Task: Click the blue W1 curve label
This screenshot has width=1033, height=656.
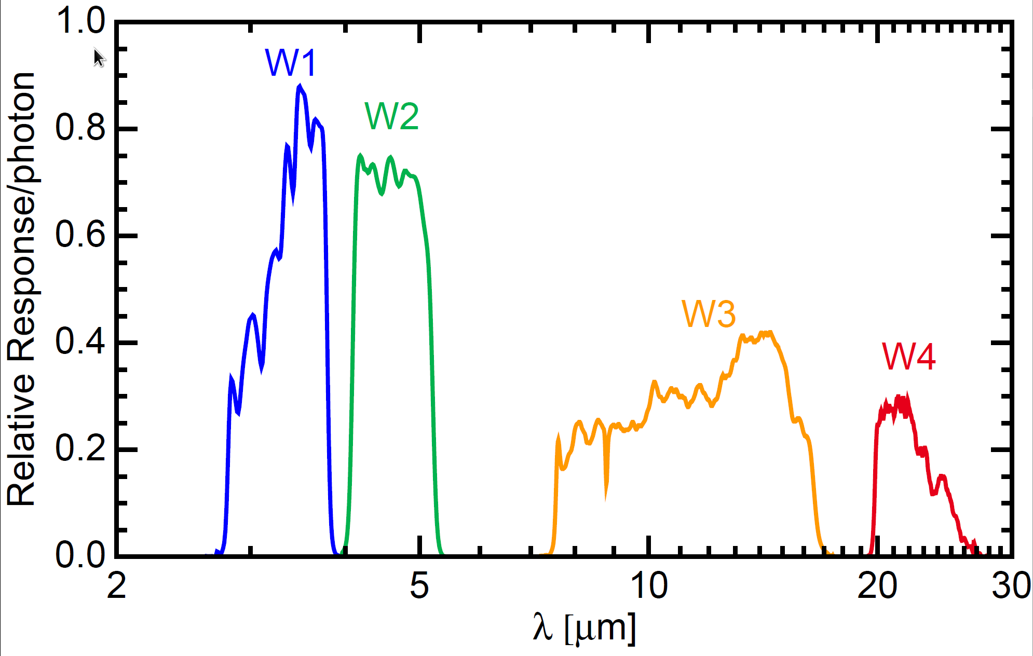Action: coord(291,63)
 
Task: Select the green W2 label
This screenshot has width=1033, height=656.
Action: coord(391,116)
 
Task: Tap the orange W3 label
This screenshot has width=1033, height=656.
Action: coord(709,314)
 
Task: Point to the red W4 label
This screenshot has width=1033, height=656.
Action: coord(908,357)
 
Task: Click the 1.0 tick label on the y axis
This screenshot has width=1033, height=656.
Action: coord(80,22)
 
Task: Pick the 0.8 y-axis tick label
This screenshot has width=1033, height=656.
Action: coord(80,128)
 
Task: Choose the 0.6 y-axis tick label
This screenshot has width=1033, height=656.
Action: coord(80,235)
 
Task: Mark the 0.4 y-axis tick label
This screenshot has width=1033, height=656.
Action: coord(80,342)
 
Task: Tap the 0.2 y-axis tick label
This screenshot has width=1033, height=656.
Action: coord(80,449)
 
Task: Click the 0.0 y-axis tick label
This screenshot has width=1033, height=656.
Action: coord(80,555)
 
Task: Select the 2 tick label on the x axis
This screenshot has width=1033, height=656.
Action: coord(117,586)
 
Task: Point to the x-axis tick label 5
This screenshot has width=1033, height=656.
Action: coord(419,586)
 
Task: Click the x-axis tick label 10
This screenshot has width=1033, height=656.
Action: coord(649,586)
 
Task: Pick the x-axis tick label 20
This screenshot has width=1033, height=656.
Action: coord(877,586)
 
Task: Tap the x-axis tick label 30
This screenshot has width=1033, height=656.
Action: coord(1011,586)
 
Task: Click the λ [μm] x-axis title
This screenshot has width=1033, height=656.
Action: coord(584,628)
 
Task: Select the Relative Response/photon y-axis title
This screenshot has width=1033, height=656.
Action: coord(21,289)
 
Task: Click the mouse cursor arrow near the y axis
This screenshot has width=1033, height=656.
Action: coord(99,57)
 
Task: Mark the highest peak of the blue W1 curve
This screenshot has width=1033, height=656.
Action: coord(300,87)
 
